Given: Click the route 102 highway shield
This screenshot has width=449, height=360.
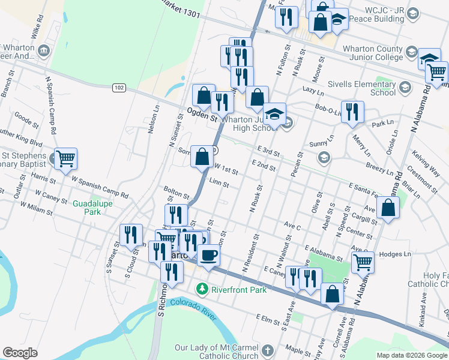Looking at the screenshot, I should pyautogui.click(x=118, y=88).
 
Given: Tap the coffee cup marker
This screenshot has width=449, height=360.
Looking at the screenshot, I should pyautogui.click(x=208, y=256).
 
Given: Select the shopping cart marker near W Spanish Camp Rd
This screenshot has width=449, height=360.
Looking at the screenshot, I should pyautogui.click(x=66, y=159).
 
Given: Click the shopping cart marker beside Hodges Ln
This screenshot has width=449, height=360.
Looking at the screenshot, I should pyautogui.click(x=363, y=262).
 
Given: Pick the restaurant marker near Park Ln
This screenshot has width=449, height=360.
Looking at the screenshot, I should pyautogui.click(x=352, y=112).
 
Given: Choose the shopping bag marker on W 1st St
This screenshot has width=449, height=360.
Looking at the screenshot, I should pyautogui.click(x=202, y=157).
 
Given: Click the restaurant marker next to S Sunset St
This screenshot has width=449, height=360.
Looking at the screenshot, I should pyautogui.click(x=131, y=235).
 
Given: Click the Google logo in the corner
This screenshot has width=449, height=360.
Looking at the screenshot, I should pyautogui.click(x=20, y=353).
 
